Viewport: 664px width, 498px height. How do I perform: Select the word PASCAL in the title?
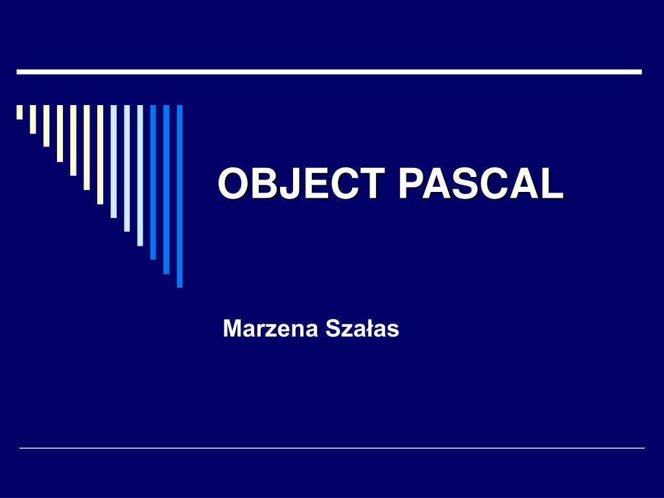pos(480,184)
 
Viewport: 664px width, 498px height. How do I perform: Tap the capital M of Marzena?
pos(231,329)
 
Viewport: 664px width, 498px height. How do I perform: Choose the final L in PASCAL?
pos(552,184)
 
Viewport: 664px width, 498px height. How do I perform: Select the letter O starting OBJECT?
pos(233,184)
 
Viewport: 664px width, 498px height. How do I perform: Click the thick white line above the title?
pos(329,71)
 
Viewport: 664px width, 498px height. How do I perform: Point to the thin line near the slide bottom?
pos(332,448)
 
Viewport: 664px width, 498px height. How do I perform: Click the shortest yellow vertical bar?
pos(19,112)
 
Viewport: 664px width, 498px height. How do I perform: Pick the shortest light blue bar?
pos(113,161)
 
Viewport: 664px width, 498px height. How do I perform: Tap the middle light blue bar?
pos(127,168)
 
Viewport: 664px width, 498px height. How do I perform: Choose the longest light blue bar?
pos(140,175)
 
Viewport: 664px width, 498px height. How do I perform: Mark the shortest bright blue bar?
pos(153,182)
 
